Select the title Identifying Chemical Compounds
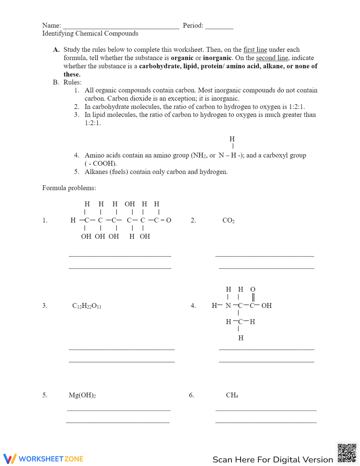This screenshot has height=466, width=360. click(90, 33)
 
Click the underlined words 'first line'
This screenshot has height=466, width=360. click(255, 50)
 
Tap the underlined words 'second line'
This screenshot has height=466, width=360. click(272, 58)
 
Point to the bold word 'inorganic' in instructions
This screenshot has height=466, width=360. click(217, 58)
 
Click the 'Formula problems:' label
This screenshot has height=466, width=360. click(69, 188)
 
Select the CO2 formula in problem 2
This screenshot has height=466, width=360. click(228, 220)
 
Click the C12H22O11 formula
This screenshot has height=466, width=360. click(87, 306)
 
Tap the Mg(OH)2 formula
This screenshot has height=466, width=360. click(82, 395)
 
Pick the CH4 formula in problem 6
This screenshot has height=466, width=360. click(232, 395)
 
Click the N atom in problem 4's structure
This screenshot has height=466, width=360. click(228, 306)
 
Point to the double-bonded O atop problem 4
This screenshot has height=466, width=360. click(253, 290)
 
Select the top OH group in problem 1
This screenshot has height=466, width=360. click(130, 204)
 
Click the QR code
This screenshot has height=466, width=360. click(347, 453)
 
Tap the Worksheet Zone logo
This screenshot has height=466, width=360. click(44, 459)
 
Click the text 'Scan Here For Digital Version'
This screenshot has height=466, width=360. click(273, 460)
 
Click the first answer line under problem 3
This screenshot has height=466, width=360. click(122, 349)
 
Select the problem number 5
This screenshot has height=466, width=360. click(45, 395)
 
